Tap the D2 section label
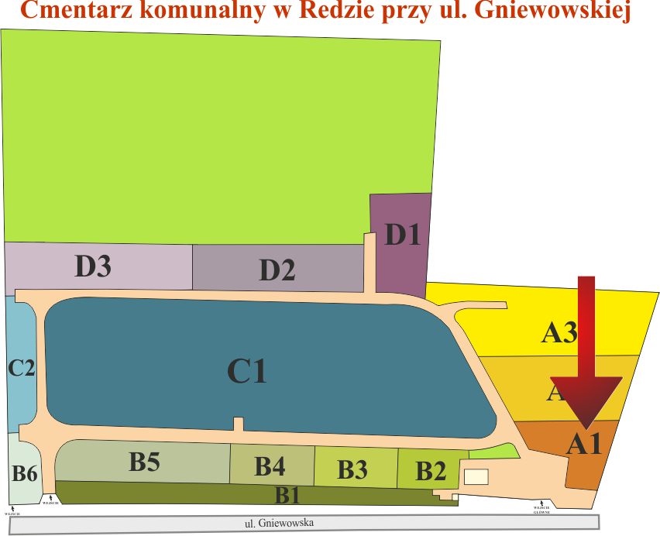277,270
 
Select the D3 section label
93,266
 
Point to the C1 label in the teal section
246,372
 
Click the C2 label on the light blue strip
22,367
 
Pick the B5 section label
144,462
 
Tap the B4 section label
270,466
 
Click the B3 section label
352,469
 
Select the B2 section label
431,469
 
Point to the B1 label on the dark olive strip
288,493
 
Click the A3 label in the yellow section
559,333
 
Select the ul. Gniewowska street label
280,523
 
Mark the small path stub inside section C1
239,424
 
